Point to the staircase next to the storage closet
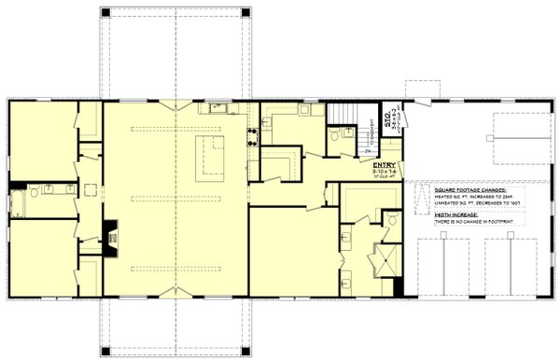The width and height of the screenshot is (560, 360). (x=341, y=117)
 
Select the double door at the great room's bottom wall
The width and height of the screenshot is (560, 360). (x=175, y=293)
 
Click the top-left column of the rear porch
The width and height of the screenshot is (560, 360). (x=105, y=13)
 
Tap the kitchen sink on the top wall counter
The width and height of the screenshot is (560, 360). (x=217, y=108)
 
